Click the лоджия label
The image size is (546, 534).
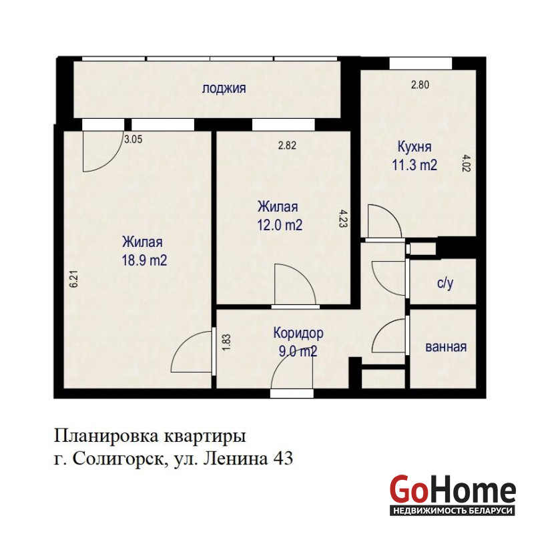(224, 89)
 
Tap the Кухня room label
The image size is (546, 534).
(415, 147)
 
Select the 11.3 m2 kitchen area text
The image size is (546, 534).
(415, 165)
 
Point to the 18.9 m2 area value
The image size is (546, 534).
(144, 260)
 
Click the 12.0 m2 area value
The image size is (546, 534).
(280, 225)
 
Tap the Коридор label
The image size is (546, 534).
(298, 333)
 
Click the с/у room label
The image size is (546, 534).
(445, 284)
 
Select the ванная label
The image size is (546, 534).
(446, 347)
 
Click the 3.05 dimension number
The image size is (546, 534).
(133, 140)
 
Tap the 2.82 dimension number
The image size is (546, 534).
(287, 146)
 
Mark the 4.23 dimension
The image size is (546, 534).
(342, 218)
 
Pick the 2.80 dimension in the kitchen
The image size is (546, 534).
(420, 85)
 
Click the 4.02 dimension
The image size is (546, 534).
(467, 164)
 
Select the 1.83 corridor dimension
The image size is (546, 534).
(226, 342)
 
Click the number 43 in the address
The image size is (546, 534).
(284, 459)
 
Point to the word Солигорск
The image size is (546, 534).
(118, 459)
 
